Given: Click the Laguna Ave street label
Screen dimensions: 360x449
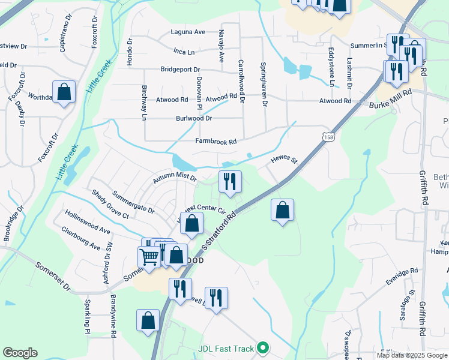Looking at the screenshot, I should (188, 32).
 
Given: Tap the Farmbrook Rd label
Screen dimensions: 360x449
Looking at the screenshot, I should (216, 142).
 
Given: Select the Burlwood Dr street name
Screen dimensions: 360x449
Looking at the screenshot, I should (194, 119).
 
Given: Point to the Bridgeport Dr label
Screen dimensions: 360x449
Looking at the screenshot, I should (179, 70).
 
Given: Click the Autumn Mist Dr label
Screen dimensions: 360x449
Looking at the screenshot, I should (175, 178).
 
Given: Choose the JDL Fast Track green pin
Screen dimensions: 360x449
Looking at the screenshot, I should (262, 347).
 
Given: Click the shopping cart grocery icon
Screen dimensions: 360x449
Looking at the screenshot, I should (149, 256).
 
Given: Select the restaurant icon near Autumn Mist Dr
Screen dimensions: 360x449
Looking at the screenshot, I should (229, 181).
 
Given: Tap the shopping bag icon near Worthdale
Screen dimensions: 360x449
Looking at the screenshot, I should (64, 92).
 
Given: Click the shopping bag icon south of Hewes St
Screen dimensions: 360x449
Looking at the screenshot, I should (282, 210).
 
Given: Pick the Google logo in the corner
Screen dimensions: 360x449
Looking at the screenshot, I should (20, 353).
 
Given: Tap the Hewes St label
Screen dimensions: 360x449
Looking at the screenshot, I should (284, 160).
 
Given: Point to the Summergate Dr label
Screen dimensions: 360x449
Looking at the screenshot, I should (133, 203).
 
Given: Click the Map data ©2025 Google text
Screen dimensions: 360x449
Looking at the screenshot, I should (411, 355).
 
